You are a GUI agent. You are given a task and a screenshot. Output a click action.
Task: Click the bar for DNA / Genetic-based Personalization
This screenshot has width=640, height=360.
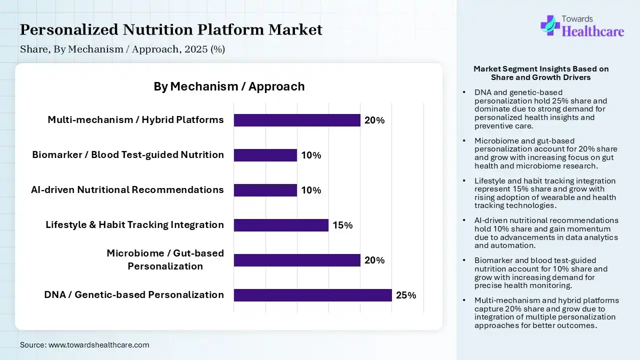coord(312,295)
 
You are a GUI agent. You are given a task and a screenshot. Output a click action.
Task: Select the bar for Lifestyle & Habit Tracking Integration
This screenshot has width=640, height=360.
coord(281,225)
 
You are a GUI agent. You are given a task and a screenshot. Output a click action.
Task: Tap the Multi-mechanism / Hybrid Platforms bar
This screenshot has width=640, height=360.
coord(297,120)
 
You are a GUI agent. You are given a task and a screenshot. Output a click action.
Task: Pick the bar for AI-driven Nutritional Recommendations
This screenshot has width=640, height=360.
coord(265,190)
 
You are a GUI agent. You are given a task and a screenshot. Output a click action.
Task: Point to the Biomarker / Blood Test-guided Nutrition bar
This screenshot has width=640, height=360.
coord(265,155)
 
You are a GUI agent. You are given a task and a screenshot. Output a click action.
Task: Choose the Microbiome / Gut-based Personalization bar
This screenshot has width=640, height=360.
coord(297,260)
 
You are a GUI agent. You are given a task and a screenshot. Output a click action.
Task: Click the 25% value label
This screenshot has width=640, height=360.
coord(405,295)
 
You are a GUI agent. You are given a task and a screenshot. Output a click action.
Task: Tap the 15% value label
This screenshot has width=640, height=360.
coord(342,225)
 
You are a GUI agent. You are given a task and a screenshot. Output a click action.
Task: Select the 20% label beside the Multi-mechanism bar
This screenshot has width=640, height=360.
coord(374,120)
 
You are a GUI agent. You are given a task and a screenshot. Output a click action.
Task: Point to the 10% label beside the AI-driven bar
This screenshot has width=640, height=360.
coord(311,190)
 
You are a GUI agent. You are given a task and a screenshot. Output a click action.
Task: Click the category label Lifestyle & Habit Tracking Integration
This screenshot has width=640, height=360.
coord(134,224)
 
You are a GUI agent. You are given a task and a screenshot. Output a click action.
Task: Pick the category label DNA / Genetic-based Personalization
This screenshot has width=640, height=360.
coord(134,294)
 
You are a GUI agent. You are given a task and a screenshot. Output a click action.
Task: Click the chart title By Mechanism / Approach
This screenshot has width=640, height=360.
coord(229,86)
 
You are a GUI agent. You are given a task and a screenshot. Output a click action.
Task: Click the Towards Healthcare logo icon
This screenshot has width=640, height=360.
coord(550,25)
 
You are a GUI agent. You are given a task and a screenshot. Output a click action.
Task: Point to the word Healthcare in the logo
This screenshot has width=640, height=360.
coord(593,32)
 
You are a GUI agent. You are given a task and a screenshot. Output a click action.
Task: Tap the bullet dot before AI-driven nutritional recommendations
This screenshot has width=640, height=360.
coord(464,220)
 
